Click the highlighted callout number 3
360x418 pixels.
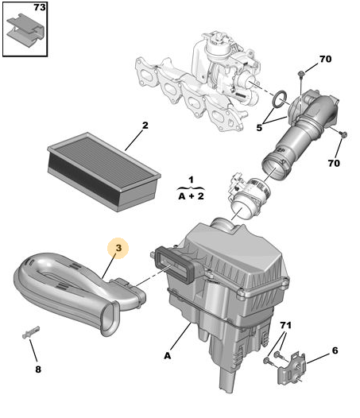pos(118,248)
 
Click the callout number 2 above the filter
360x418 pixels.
pos(145,125)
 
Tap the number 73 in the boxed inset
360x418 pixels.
pos(40,7)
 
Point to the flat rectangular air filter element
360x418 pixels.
pos(104,172)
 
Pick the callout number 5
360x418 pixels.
pos(259,128)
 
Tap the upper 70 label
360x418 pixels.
pos(325,59)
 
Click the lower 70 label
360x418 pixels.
pos(334,163)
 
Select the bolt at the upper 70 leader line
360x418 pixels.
pos(301,74)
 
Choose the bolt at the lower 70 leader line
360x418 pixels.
pos(344,134)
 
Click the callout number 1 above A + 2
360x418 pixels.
pos(191,180)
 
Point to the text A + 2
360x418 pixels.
pos(191,196)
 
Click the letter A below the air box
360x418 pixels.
pos(167,356)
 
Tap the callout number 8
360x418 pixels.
pos(38,370)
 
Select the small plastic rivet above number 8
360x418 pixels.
pos(31,332)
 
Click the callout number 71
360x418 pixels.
pos(285,325)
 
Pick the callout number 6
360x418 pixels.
pos(335,350)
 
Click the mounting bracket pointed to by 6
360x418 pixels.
pos(292,368)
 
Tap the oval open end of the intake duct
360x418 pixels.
pos(110,319)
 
